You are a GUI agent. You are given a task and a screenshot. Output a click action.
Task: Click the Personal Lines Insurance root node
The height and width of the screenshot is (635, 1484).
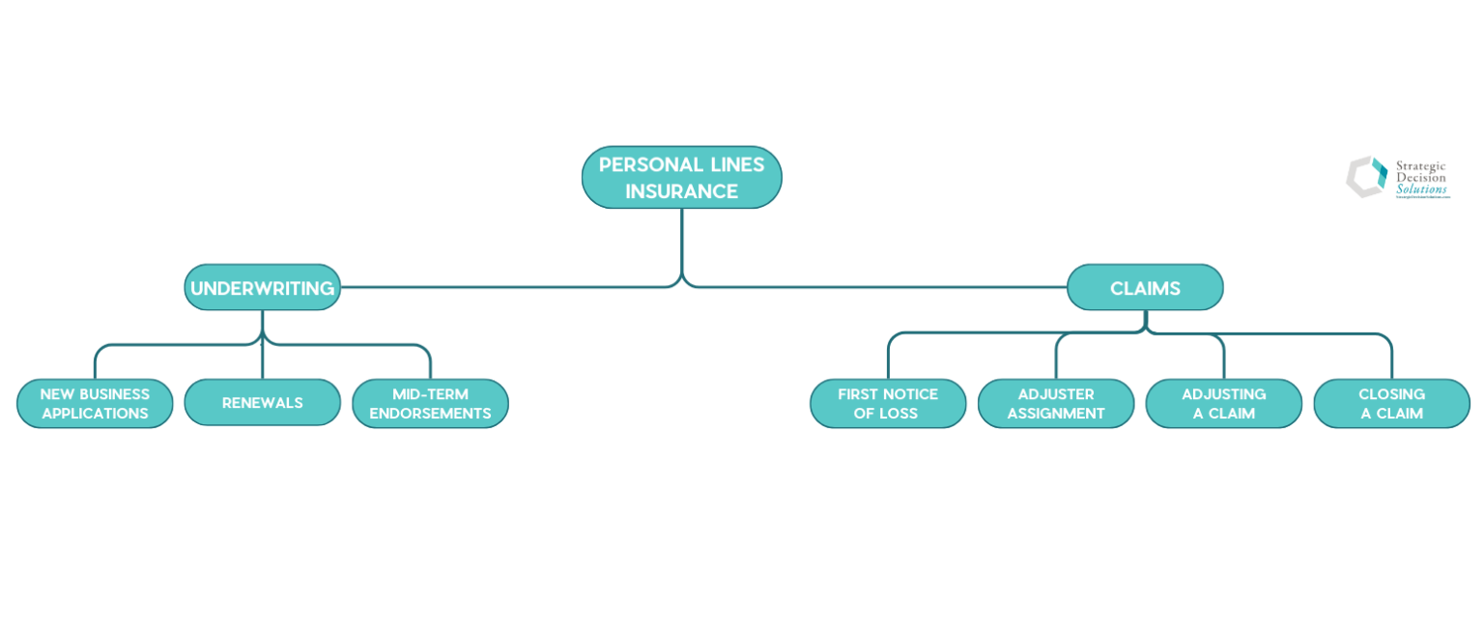pos(681,177)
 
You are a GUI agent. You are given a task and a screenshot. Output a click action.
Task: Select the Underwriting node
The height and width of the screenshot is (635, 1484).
pos(262,287)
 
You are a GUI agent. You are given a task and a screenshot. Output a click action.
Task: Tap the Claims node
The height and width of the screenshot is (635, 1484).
pos(1145,287)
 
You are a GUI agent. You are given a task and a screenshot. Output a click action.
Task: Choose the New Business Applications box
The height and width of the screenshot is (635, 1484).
pos(95,403)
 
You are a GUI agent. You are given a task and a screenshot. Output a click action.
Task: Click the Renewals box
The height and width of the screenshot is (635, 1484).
pos(262,403)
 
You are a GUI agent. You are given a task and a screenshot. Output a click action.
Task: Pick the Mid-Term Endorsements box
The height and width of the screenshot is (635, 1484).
pos(430,403)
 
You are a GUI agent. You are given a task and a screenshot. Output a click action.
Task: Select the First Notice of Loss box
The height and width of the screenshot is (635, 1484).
pos(888,403)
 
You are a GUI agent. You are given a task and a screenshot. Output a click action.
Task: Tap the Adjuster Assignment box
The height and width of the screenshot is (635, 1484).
pos(1056,403)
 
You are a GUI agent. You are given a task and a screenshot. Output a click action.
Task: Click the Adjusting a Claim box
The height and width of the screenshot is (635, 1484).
pos(1223,403)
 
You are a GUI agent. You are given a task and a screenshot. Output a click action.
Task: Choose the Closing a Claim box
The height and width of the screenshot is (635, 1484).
pos(1391,403)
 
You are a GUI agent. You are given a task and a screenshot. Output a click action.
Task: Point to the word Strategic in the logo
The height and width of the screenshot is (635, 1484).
pos(1420,166)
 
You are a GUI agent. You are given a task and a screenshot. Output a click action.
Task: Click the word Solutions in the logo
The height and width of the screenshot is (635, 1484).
pos(1421,189)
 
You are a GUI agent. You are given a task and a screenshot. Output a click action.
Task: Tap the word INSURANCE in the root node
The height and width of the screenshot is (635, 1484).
pos(681,191)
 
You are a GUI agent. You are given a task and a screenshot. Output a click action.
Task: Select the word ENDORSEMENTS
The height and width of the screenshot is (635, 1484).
pos(430,414)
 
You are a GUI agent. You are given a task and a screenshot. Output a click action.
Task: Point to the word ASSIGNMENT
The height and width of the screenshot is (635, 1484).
pos(1056,414)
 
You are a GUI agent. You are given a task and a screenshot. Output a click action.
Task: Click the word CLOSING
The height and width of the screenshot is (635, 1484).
pos(1391,394)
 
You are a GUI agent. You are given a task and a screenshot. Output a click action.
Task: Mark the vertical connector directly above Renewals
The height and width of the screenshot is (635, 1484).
pos(262,360)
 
